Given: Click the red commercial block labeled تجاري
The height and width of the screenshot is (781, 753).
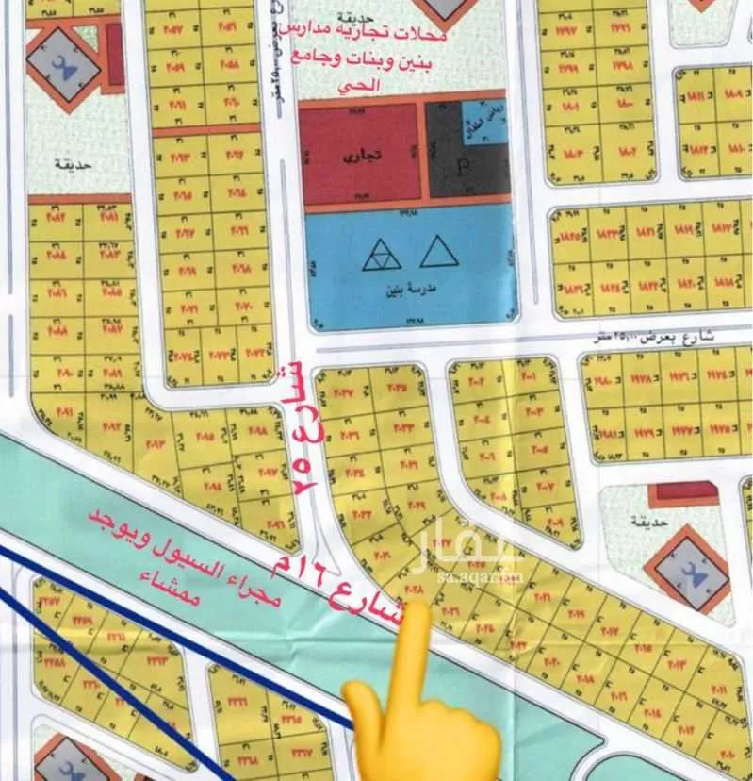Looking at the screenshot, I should tap(359, 151).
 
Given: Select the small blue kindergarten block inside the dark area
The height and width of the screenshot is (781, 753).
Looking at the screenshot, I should tap(483, 121).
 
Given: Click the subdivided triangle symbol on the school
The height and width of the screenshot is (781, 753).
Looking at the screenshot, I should tap(381, 253).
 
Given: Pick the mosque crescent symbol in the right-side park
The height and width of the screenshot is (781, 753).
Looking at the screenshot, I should tap(693, 570).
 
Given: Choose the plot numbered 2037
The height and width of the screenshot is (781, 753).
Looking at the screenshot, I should tap(340, 392).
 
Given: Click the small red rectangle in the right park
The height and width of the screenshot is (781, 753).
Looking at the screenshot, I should tap(683, 491).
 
